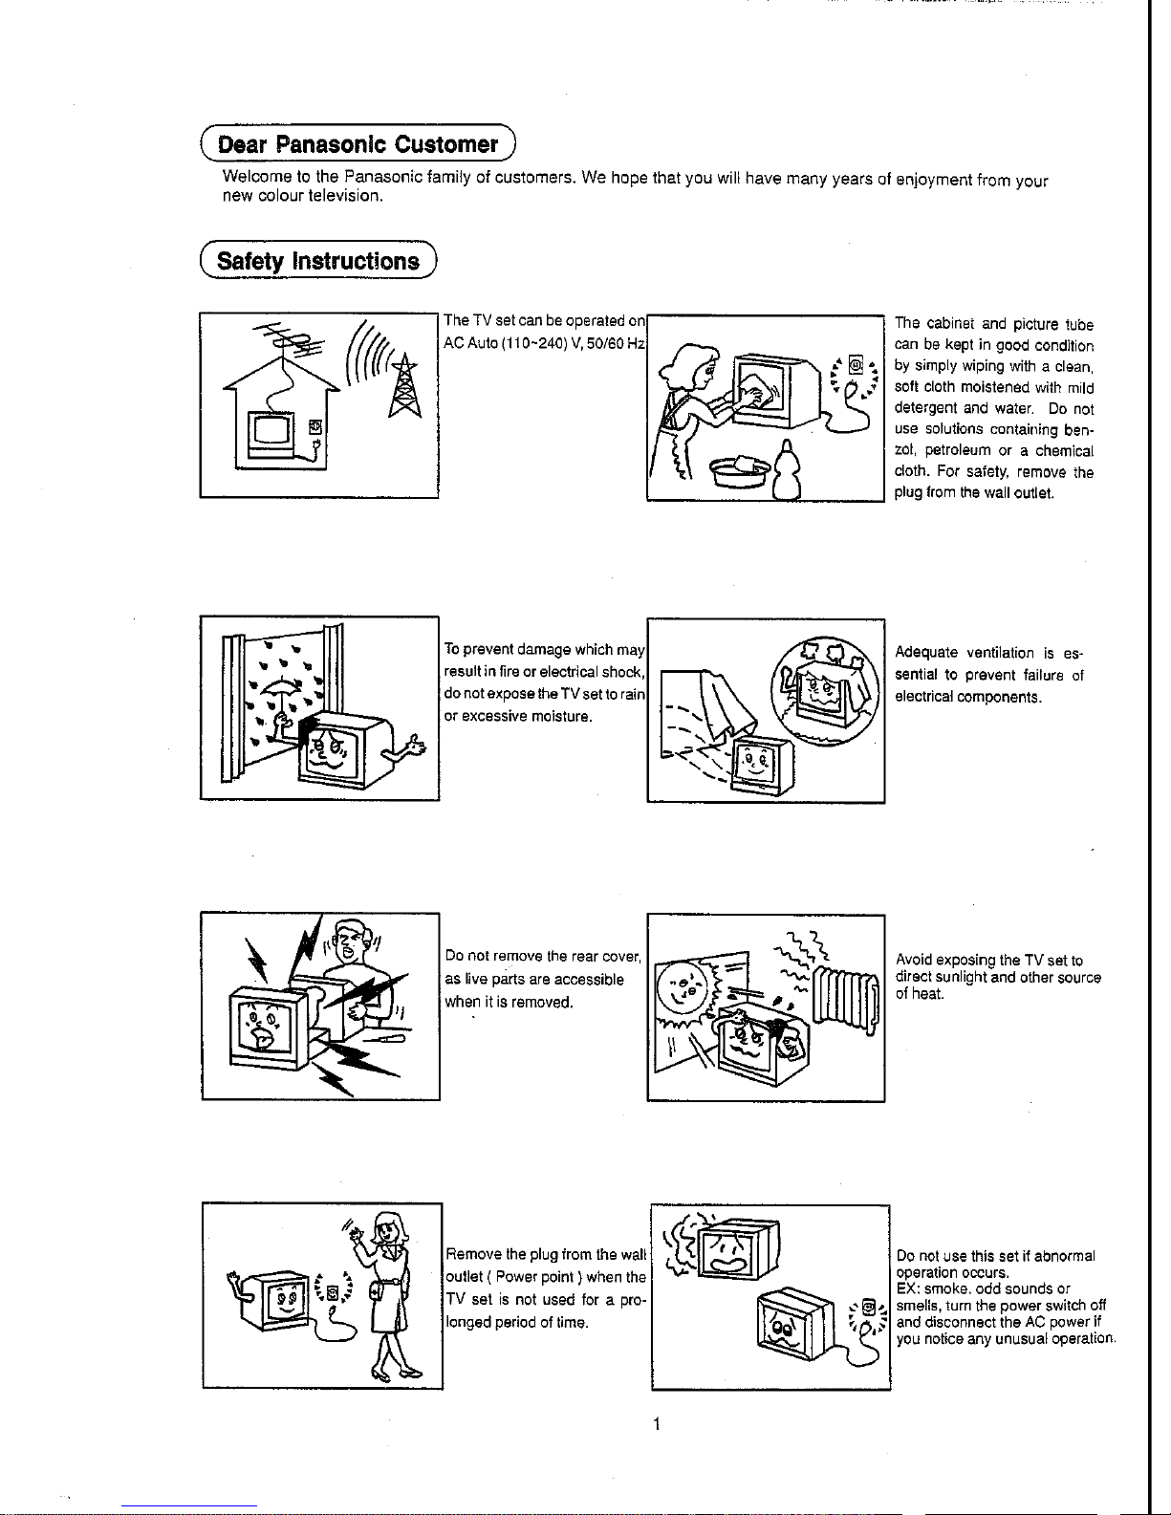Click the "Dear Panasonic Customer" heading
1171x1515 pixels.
coord(358,145)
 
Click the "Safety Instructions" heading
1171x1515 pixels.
coord(318,262)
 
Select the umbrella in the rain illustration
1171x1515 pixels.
coord(279,692)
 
